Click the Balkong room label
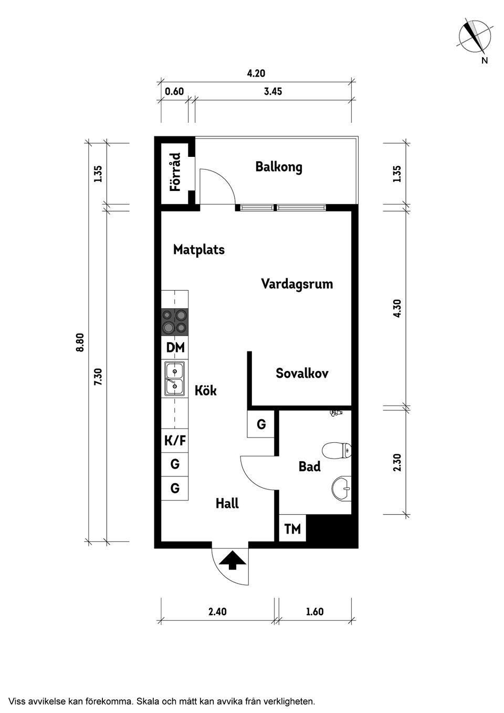pyautogui.click(x=279, y=167)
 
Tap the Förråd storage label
pyautogui.click(x=175, y=172)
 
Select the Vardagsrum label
pyautogui.click(x=297, y=284)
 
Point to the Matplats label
pyautogui.click(x=199, y=249)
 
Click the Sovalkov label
pyautogui.click(x=302, y=373)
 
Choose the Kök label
pyautogui.click(x=205, y=390)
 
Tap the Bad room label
pyautogui.click(x=309, y=466)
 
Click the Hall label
pyautogui.click(x=227, y=504)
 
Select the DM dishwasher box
pyautogui.click(x=175, y=347)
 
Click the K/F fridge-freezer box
pyautogui.click(x=175, y=441)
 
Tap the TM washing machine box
pyautogui.click(x=292, y=529)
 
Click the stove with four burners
pyautogui.click(x=175, y=322)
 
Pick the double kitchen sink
pyautogui.click(x=174, y=379)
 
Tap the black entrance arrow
pyautogui.click(x=232, y=560)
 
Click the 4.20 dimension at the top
pyautogui.click(x=256, y=73)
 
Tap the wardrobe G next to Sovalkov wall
pyautogui.click(x=261, y=424)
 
